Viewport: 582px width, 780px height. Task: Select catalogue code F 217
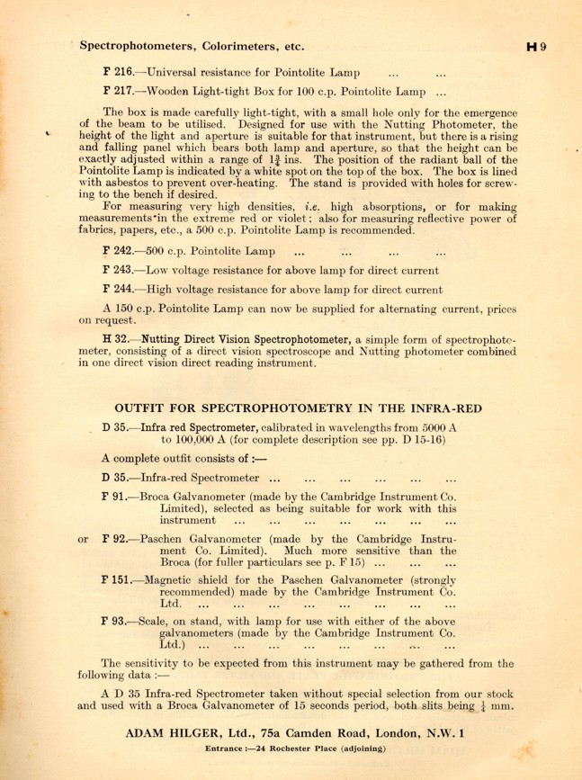click(x=119, y=92)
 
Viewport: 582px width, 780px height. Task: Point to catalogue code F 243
click(x=119, y=269)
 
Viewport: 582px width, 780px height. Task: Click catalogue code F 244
click(x=119, y=290)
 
